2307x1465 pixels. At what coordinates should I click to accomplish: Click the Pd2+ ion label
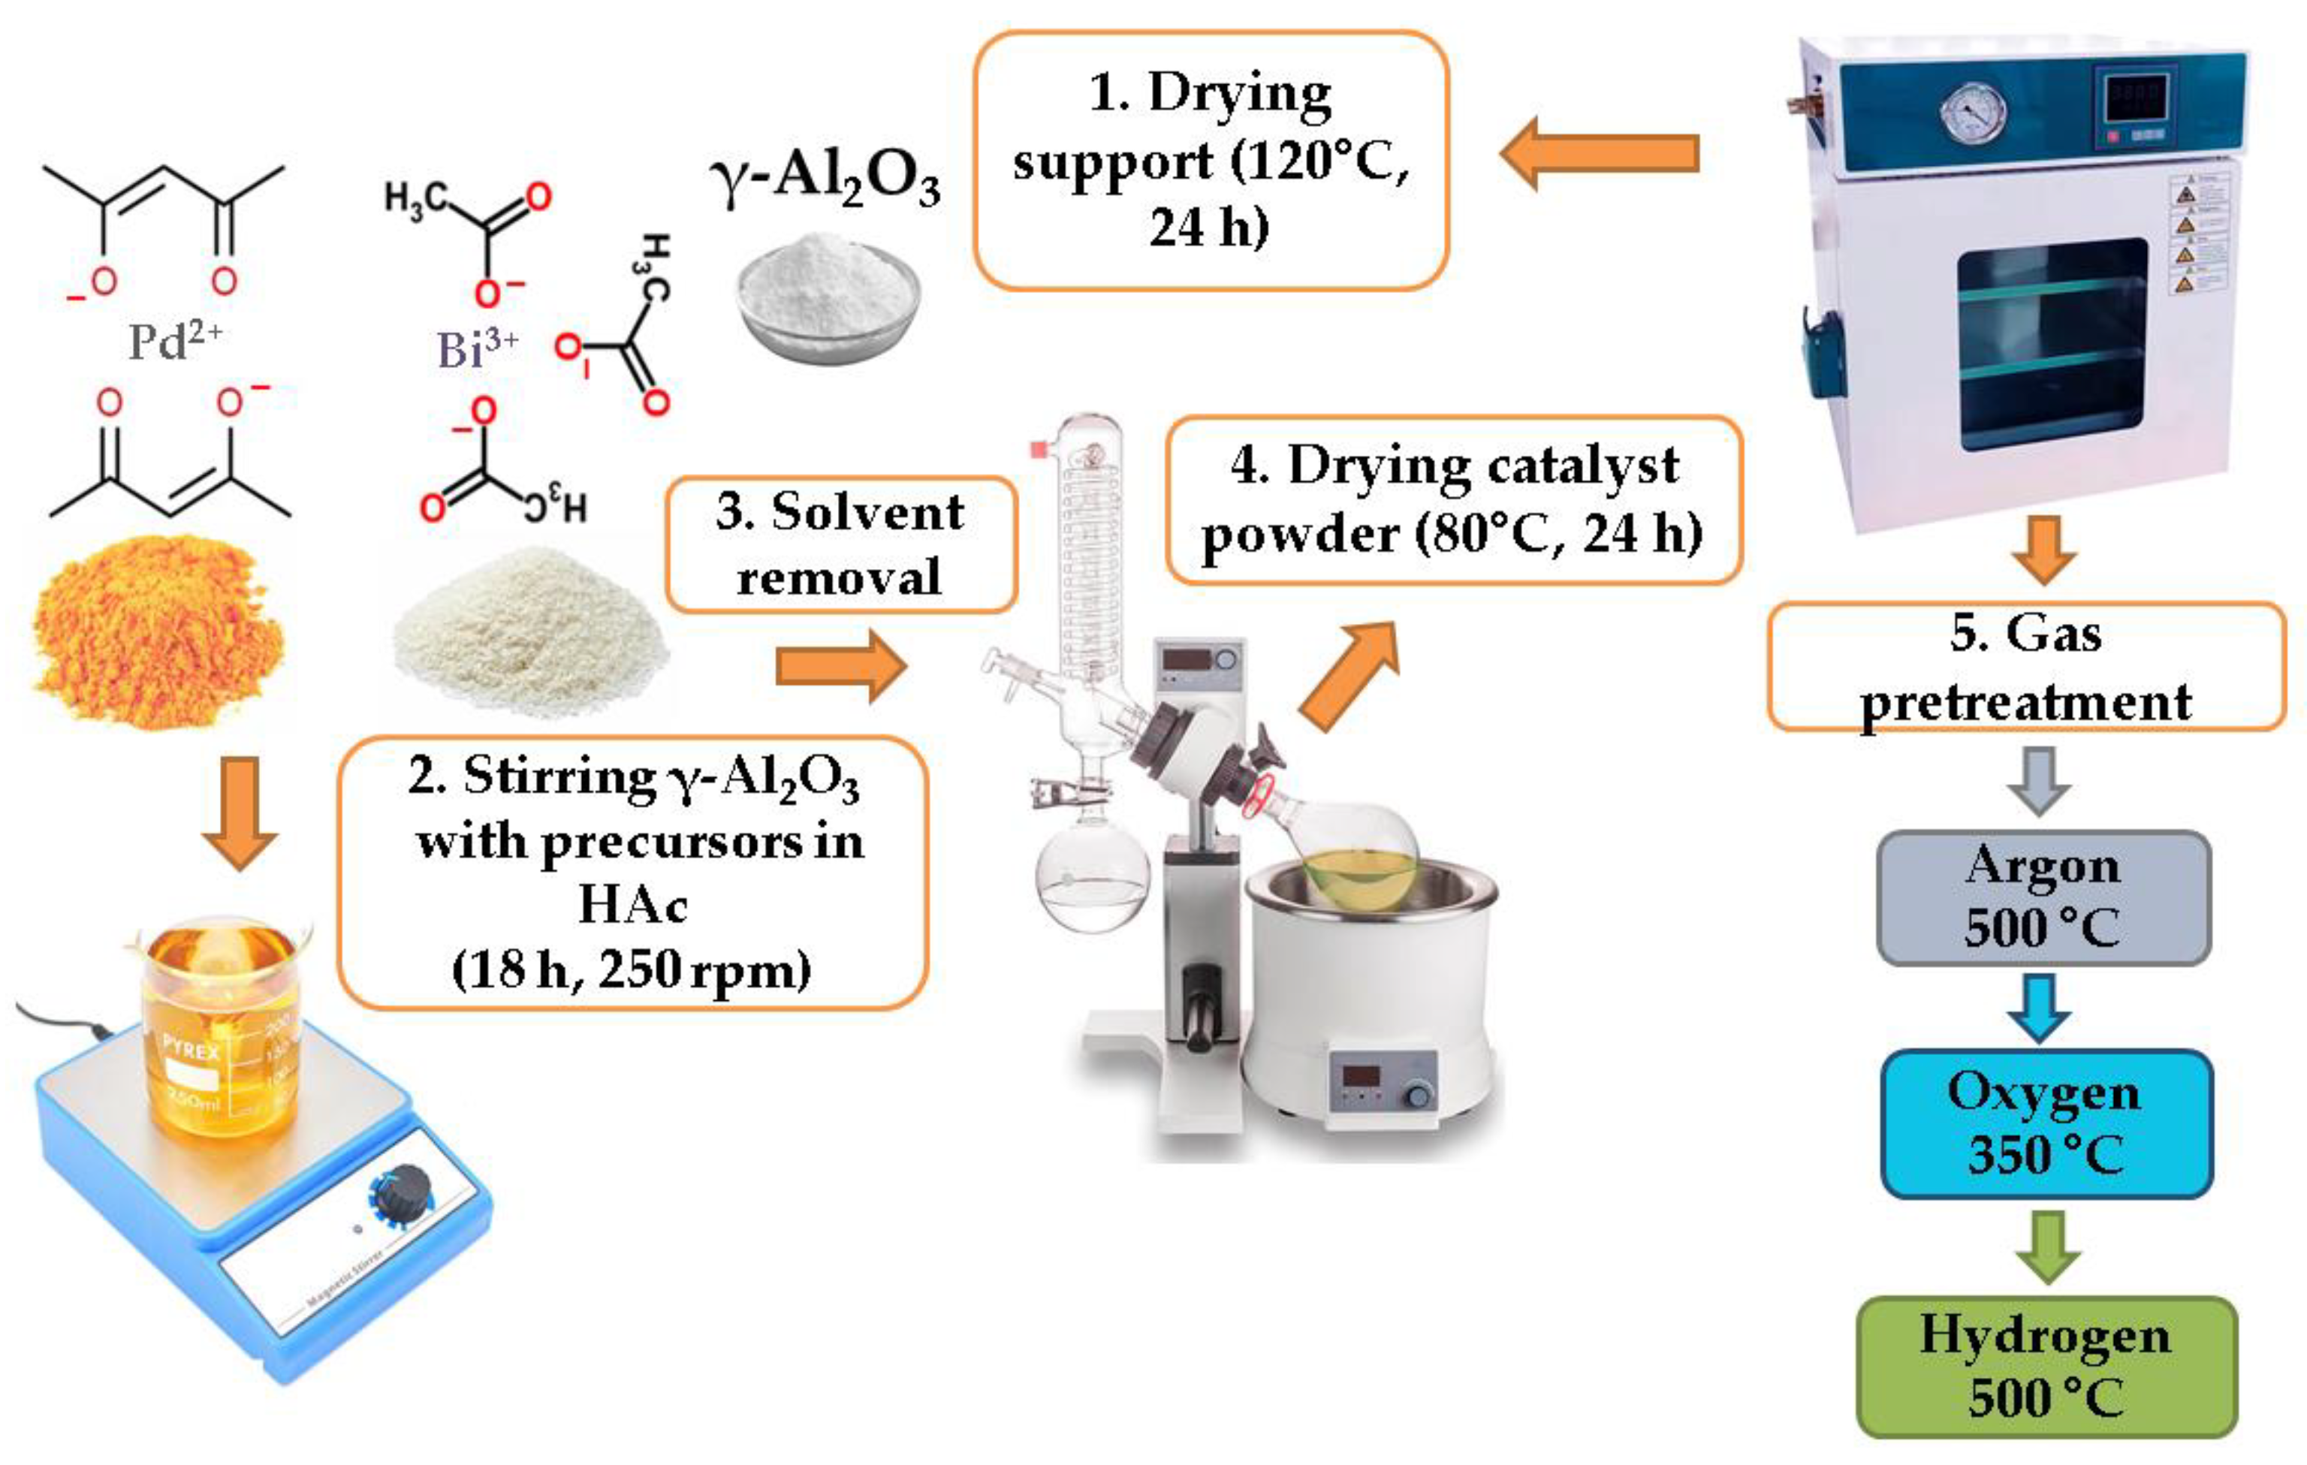click(x=174, y=340)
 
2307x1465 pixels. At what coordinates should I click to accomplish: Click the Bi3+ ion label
click(x=476, y=348)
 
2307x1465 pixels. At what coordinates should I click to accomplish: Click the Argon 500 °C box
click(x=2043, y=897)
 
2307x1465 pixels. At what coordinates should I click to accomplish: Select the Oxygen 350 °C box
click(x=2046, y=1123)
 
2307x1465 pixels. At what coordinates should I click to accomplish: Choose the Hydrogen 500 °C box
click(x=2046, y=1365)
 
